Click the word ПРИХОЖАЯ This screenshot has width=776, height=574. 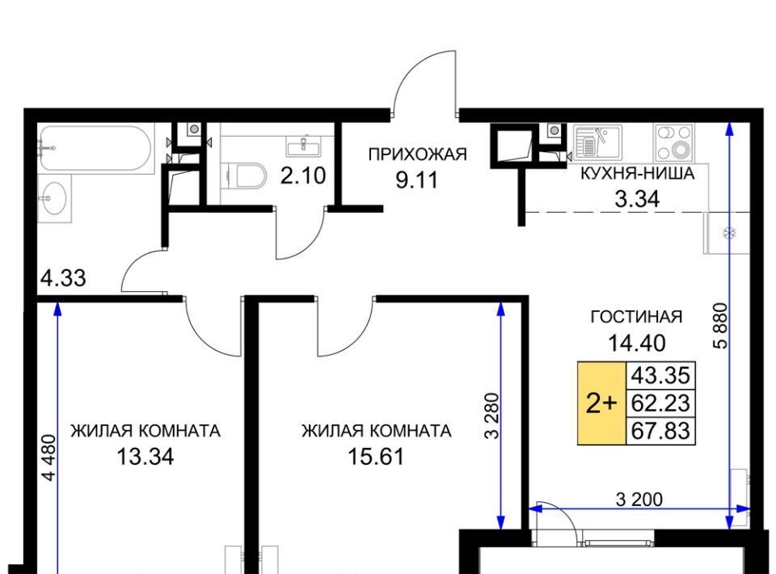click(417, 154)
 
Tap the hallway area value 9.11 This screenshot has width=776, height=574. click(417, 180)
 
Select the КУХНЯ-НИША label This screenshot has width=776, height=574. click(637, 174)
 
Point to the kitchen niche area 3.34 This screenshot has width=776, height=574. click(637, 200)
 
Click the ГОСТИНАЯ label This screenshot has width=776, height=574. click(636, 317)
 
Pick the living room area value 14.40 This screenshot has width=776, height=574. click(636, 343)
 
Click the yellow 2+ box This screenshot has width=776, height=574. click(601, 403)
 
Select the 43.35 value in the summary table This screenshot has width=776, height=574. click(660, 376)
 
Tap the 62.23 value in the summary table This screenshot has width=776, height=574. click(660, 403)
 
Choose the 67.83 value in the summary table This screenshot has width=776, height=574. click(660, 431)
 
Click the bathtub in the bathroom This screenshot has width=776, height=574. click(95, 148)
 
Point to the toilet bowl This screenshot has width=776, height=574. click(250, 175)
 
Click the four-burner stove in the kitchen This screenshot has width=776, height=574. click(673, 142)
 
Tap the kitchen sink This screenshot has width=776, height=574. click(597, 141)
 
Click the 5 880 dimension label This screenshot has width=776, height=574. click(722, 326)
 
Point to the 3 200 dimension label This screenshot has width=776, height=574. click(639, 500)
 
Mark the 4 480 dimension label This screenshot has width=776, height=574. click(49, 458)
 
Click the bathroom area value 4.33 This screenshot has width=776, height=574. click(63, 278)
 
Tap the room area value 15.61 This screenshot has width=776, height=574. click(376, 456)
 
